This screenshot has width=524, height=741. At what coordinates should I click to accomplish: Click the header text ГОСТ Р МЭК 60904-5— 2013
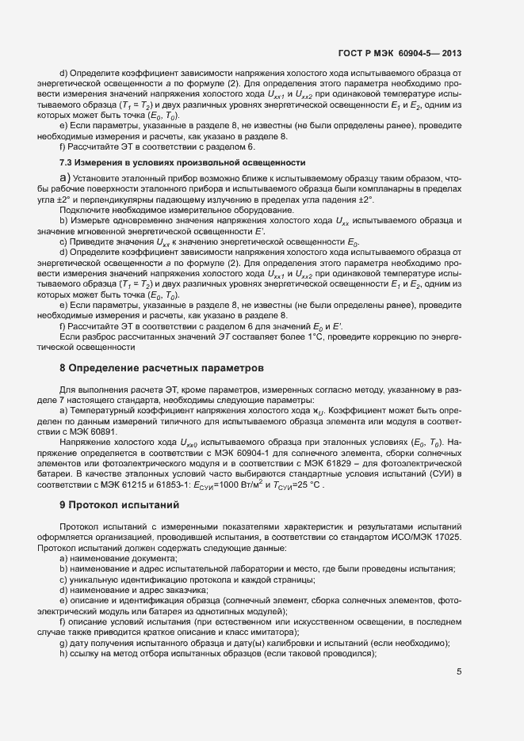pyautogui.click(x=400, y=54)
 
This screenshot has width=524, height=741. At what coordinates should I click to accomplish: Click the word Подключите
pyautogui.click(x=86, y=209)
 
